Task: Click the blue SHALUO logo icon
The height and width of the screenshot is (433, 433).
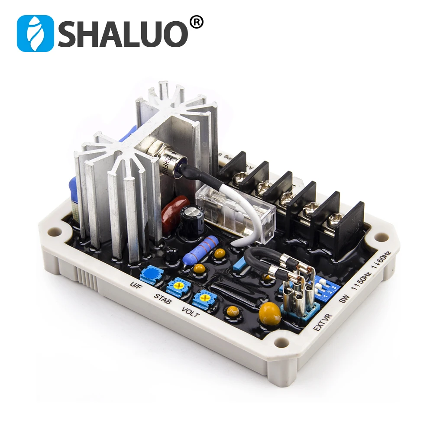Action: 35,34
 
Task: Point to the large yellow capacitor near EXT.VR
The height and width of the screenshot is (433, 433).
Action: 269,313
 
